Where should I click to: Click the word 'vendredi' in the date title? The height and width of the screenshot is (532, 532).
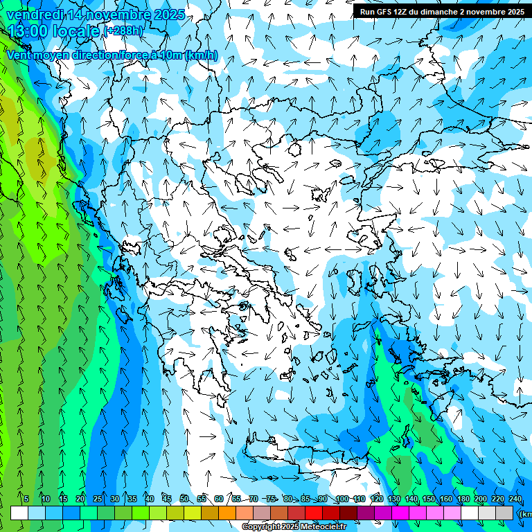coord(35,15)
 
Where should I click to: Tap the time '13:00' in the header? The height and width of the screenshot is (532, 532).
coord(30,30)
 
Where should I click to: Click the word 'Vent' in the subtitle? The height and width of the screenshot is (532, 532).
coord(19,55)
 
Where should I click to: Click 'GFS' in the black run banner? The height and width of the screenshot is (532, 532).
coord(383,12)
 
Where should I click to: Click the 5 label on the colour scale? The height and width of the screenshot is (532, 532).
coord(26,499)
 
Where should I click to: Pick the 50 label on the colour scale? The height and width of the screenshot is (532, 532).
coord(184,499)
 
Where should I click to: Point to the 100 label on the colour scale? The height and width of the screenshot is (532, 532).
coord(342,499)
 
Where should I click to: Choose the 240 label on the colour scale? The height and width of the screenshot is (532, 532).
coord(515,499)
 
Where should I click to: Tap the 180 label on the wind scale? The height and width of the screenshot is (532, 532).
coord(463,499)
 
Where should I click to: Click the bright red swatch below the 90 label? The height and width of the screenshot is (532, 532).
coord(314,513)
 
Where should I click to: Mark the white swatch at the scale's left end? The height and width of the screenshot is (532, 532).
coord(19,513)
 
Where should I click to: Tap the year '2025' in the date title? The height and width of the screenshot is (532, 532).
coord(169,15)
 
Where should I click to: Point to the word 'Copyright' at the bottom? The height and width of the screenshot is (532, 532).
coord(260,527)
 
